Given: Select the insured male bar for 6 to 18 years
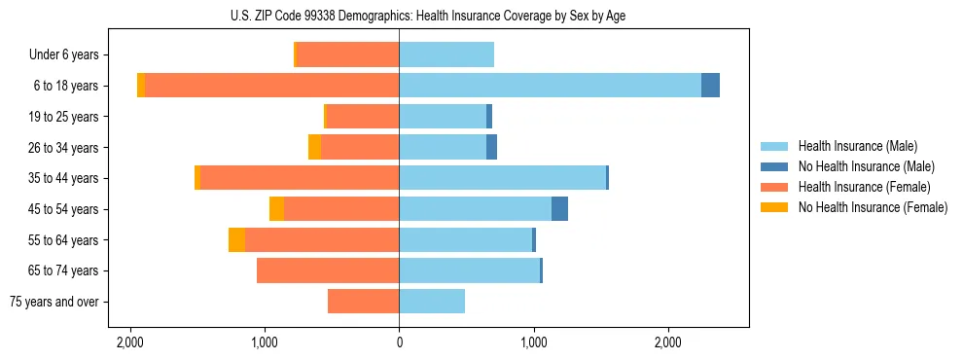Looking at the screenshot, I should (x=550, y=86).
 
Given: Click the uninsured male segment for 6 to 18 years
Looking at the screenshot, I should (x=710, y=86).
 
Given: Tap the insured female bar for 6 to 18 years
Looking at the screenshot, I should (x=272, y=86).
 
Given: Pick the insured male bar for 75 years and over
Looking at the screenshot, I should (x=432, y=302).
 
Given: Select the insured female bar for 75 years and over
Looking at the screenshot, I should (x=363, y=302).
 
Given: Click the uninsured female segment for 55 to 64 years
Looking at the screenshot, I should (x=236, y=240).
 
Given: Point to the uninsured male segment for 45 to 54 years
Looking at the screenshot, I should (x=559, y=209).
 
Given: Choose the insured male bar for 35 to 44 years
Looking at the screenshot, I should (x=502, y=178).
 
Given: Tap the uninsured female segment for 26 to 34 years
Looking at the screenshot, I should (x=314, y=147).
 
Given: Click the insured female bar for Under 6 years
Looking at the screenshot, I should (x=348, y=54).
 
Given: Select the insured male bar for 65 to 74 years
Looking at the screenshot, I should (x=469, y=270).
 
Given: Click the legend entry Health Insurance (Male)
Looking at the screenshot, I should (x=857, y=146).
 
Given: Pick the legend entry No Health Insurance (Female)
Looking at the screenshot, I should (x=873, y=207).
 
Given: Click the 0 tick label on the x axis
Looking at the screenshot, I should (x=399, y=343).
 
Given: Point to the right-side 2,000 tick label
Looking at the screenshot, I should (x=667, y=343).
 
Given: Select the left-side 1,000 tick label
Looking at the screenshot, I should (x=265, y=343).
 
